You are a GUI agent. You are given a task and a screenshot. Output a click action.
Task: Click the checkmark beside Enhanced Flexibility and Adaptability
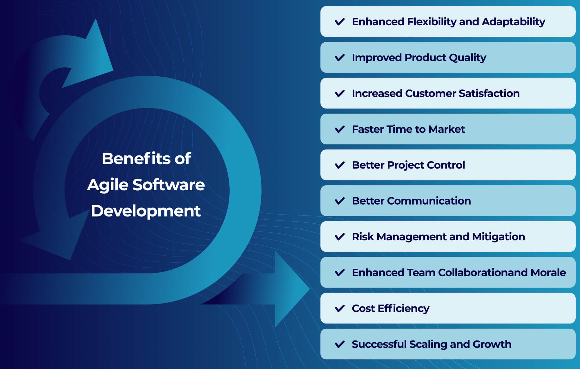(340, 22)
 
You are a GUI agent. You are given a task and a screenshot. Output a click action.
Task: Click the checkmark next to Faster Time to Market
(340, 129)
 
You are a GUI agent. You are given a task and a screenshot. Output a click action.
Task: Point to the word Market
(446, 129)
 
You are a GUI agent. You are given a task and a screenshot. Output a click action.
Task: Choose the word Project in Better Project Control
(405, 165)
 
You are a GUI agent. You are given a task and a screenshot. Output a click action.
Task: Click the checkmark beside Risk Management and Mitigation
(340, 237)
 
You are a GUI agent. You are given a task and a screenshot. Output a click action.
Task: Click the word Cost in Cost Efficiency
(363, 308)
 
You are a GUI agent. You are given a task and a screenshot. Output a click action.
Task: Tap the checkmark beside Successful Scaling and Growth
(340, 344)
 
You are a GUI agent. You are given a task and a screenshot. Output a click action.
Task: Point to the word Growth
(492, 344)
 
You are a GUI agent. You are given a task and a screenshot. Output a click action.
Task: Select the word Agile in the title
(108, 185)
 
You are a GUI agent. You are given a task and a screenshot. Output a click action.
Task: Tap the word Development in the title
(146, 211)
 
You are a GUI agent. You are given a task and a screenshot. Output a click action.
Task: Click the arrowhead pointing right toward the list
(290, 289)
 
